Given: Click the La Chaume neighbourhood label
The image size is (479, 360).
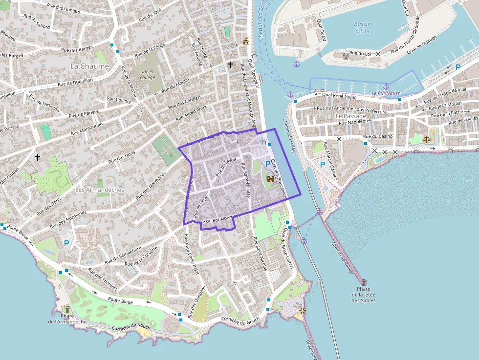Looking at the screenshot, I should click(x=89, y=66).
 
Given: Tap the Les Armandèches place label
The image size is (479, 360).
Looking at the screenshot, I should click(x=100, y=190).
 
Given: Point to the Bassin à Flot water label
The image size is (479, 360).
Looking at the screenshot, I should click(x=362, y=27).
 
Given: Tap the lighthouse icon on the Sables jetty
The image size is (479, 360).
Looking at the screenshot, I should click(x=364, y=282).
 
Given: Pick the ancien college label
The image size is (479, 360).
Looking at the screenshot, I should click(x=147, y=74).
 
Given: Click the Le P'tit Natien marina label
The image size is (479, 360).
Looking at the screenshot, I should click(x=386, y=93).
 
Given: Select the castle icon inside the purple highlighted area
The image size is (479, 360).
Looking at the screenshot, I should click(x=271, y=179).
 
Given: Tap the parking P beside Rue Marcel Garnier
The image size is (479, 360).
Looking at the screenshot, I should click(x=323, y=165).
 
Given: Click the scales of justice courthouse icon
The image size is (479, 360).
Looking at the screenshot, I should click(x=427, y=139).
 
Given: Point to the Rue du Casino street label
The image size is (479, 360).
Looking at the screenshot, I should click(x=378, y=136).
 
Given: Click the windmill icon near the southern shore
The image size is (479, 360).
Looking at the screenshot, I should click(x=302, y=310).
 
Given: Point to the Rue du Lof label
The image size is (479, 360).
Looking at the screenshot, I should click(x=360, y=53).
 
